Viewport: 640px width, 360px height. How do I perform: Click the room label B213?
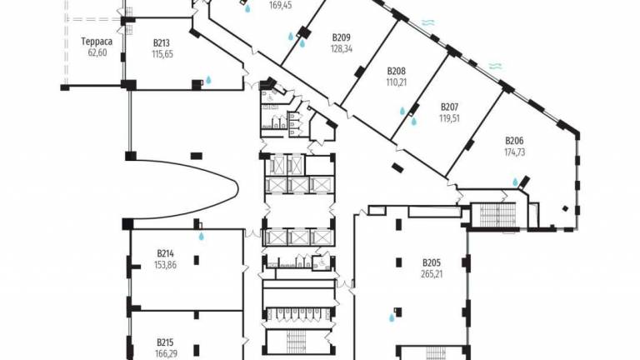point(162,42)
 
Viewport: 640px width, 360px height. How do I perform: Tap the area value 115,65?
point(162,54)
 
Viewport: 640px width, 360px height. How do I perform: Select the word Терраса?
point(97,42)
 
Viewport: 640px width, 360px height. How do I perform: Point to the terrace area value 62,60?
point(97,52)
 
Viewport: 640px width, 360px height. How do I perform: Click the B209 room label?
point(341,37)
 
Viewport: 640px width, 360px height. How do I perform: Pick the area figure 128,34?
point(342,49)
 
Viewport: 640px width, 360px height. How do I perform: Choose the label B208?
point(397,71)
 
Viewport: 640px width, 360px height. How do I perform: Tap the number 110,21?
point(397,82)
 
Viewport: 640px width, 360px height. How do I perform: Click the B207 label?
point(449,107)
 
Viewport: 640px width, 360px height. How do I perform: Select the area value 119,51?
point(449,119)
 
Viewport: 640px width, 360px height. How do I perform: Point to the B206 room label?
point(514,141)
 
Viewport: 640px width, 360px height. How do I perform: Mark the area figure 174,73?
point(515,152)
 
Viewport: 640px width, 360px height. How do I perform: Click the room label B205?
point(432,262)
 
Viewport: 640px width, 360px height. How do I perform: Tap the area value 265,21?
point(432,274)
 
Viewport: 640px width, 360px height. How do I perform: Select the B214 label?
point(165,253)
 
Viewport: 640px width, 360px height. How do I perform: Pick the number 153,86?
point(165,265)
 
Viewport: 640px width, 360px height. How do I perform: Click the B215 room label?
point(165,342)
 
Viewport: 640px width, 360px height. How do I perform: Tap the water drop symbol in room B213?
point(208,80)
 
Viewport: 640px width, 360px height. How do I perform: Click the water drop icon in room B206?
point(515,182)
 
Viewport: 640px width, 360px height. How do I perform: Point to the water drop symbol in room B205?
point(392,317)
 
